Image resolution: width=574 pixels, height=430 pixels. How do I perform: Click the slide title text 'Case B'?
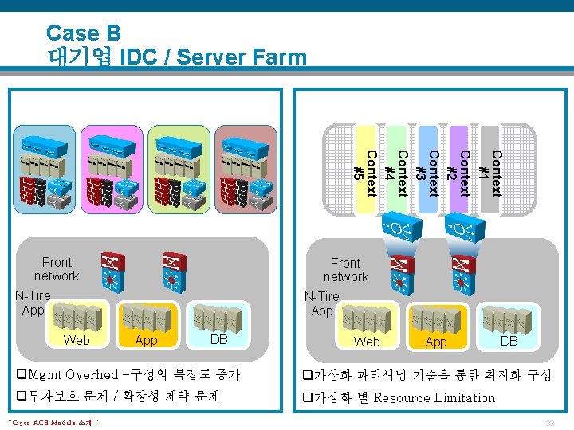83,33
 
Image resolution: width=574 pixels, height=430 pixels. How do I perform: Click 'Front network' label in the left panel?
57,269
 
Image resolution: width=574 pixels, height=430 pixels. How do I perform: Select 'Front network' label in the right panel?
345,270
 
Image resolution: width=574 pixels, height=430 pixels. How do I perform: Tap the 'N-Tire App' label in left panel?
33,303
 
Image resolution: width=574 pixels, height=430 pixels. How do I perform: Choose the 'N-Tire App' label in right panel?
322,303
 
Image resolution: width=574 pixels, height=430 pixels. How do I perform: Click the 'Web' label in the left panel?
77,341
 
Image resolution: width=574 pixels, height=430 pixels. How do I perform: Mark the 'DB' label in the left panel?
219,341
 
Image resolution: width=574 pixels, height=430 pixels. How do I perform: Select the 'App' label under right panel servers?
436,342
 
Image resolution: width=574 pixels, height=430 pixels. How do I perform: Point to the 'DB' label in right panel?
508,341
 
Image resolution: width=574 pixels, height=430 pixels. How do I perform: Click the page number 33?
549,423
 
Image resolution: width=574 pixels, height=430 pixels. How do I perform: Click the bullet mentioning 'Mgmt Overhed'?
128,375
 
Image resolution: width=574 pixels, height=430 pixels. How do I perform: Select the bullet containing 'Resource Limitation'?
399,397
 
